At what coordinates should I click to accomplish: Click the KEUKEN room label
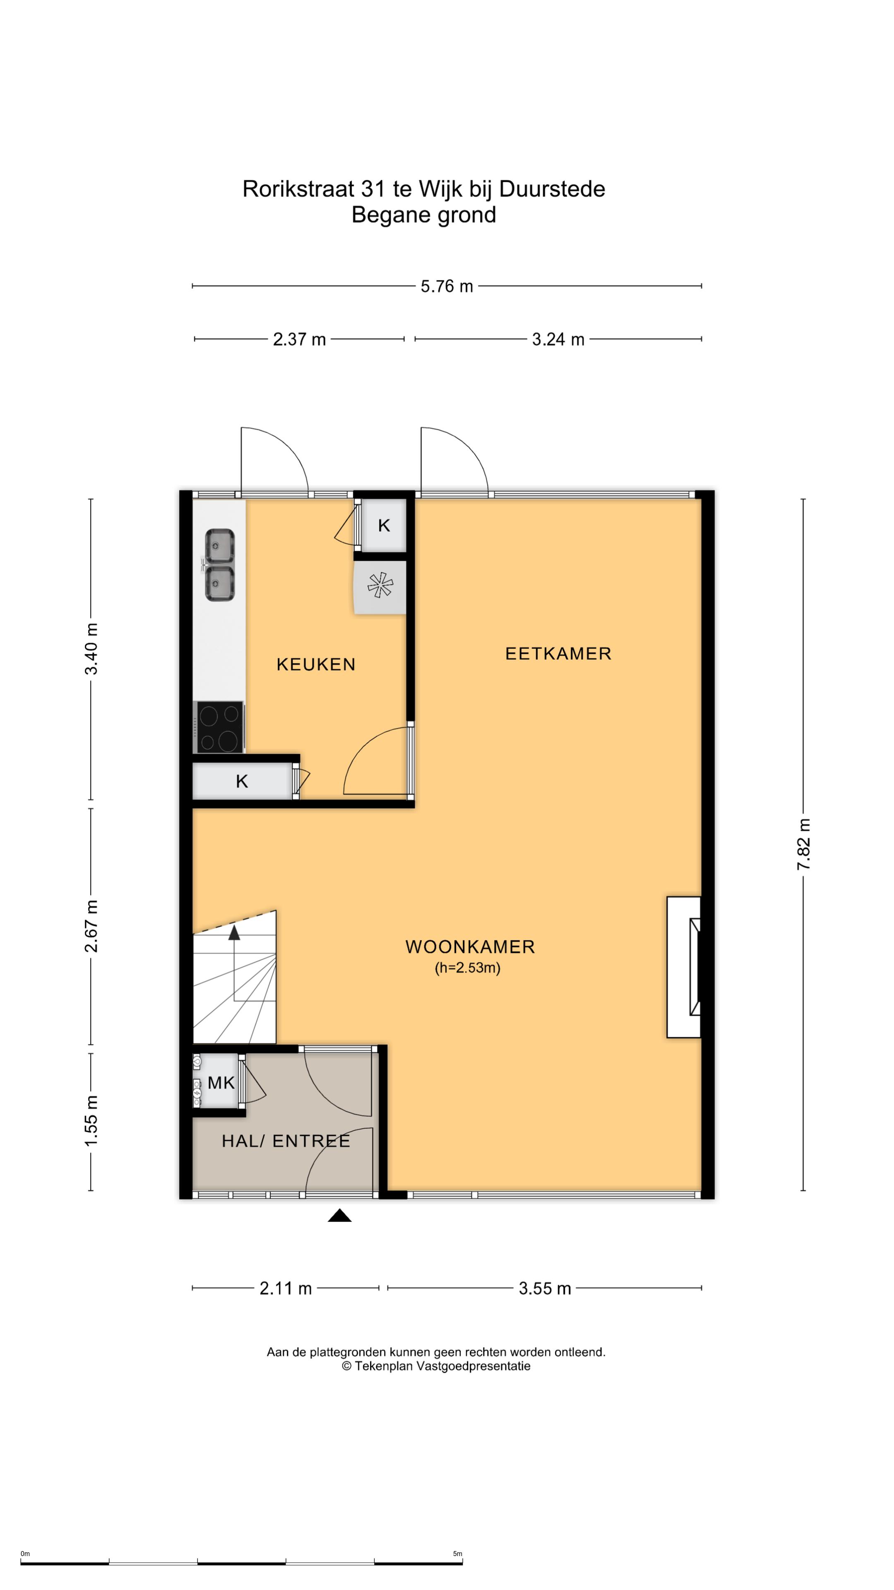pos(316,664)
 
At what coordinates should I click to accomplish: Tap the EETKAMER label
pos(558,654)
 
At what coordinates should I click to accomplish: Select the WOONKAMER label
pos(470,947)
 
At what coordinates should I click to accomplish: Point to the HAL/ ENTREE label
pos(286,1141)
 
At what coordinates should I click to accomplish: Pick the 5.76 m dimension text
pos(447,287)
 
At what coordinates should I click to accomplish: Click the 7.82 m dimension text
pos(803,844)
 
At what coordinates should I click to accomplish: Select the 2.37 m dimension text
pos(299,340)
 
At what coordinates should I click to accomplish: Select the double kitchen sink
pos(219,565)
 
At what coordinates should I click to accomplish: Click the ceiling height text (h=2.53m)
pos(468,968)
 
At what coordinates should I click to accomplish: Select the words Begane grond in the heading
pos(424,215)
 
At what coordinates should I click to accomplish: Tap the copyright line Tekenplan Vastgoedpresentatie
pos(436,1366)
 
